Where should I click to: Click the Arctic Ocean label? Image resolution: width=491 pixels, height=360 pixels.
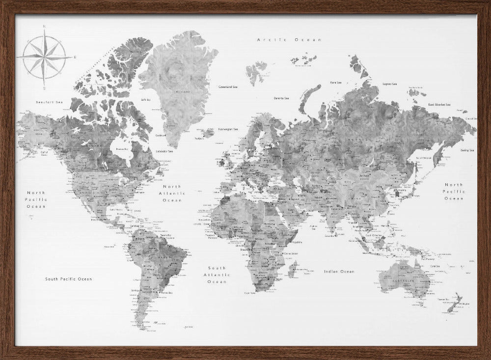coord(289,39)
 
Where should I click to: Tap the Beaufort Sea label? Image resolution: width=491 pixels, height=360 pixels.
coord(50,102)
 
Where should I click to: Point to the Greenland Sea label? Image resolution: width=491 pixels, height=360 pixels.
coord(228,87)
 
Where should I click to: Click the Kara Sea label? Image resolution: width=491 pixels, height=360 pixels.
coord(336,83)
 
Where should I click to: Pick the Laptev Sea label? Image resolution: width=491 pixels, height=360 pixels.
coord(389,84)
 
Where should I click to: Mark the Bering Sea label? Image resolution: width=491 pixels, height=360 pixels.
coord(467,150)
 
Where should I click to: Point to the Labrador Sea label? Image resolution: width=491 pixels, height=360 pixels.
coord(164,151)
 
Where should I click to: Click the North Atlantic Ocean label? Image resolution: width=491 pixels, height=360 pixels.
coord(172,194)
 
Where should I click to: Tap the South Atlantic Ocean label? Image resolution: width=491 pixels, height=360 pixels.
coord(217,275)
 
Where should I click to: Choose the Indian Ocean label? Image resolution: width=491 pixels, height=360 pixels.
coord(339,272)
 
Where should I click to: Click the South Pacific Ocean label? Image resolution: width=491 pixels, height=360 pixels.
coord(69,279)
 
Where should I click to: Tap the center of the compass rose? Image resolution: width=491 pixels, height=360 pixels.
coord(44,57)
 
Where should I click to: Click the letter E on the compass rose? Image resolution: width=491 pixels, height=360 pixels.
coord(75,57)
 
